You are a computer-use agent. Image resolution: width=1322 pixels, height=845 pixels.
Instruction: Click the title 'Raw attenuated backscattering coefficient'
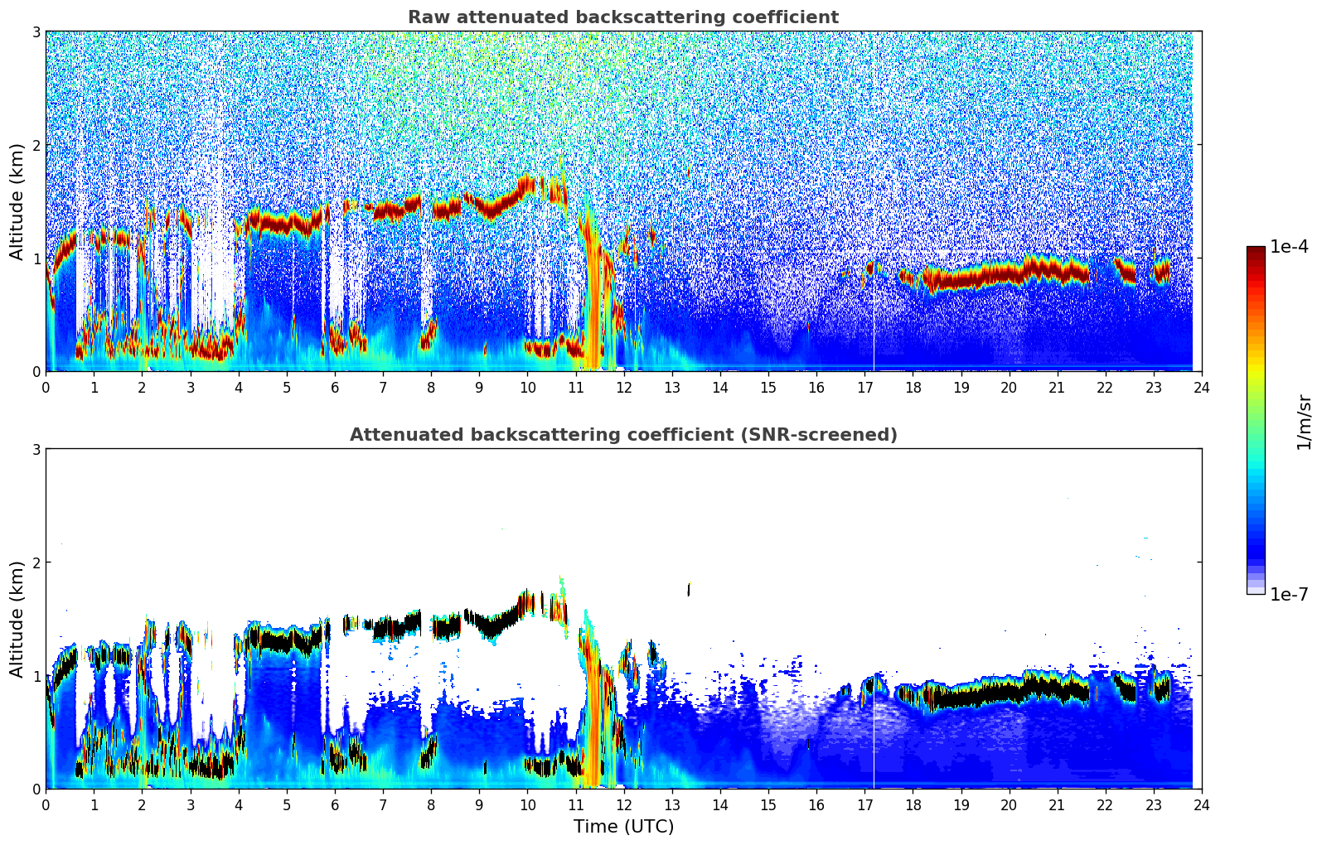coord(622,17)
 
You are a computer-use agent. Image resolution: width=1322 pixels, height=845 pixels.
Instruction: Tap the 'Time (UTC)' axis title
coord(623,827)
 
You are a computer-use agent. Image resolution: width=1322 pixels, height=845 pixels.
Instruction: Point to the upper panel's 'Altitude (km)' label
coord(17,201)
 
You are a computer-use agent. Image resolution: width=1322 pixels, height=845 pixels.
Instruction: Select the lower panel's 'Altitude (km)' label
coord(17,619)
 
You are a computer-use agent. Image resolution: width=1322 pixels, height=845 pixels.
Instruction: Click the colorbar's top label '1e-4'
coord(1288,247)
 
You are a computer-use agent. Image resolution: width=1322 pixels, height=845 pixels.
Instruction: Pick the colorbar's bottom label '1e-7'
coord(1288,594)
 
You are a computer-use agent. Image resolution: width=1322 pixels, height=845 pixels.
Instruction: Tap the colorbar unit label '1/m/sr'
coord(1304,422)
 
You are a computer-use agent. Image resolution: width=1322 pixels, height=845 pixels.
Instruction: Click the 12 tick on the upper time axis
coord(624,387)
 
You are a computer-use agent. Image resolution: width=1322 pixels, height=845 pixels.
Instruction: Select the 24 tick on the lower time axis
coord(1201,804)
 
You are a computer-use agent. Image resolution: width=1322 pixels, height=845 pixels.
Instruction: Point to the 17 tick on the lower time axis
coord(864,804)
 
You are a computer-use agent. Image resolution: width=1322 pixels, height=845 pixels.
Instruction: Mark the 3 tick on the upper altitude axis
coord(36,31)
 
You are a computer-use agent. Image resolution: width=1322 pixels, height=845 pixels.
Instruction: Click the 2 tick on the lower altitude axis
coord(36,563)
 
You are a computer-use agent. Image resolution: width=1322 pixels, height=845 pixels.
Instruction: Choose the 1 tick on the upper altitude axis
coord(36,258)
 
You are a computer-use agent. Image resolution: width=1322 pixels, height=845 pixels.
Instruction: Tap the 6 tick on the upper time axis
coord(335,387)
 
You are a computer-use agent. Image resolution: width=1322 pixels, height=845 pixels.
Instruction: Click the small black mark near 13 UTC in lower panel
coord(688,589)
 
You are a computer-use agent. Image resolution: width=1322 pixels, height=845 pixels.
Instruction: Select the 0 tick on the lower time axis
coord(46,804)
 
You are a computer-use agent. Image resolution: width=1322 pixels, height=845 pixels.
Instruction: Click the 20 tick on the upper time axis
coord(1009,387)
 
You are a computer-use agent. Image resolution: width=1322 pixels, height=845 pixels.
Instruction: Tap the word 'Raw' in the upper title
coord(424,17)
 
